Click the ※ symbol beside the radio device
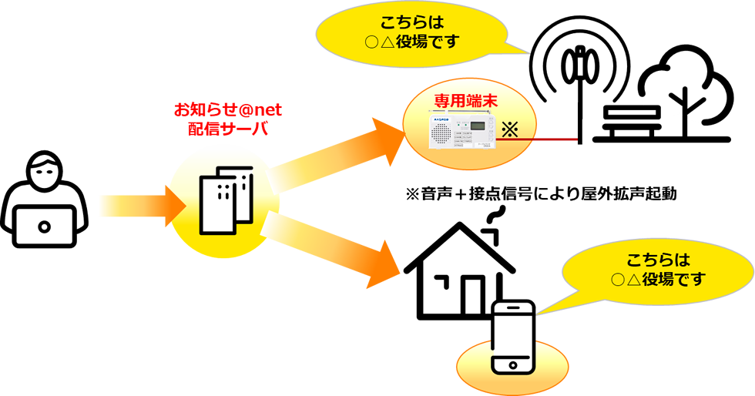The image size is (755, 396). pyautogui.click(x=508, y=129)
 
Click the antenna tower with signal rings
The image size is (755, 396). pyautogui.click(x=579, y=85)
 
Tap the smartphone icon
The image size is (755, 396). pyautogui.click(x=514, y=337)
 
